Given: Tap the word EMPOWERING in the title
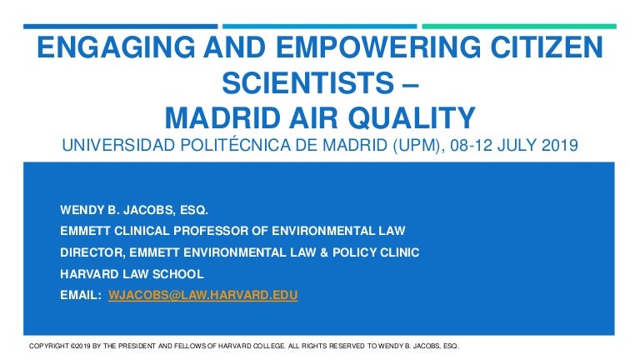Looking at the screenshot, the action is (378, 47).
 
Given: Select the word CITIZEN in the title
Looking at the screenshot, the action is (547, 47).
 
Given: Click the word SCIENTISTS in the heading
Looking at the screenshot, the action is (307, 82).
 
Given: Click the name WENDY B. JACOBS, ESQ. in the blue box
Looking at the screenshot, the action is (134, 210).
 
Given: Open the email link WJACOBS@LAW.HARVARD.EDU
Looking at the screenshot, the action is (202, 295).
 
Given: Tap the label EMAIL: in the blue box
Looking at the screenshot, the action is (80, 295).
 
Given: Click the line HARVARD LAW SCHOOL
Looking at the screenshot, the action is (132, 274).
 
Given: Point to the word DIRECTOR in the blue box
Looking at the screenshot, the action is (92, 252).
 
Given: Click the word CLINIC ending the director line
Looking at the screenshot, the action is (400, 252).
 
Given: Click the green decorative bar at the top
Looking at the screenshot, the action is (519, 27).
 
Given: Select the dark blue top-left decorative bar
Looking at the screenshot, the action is (120, 27).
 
